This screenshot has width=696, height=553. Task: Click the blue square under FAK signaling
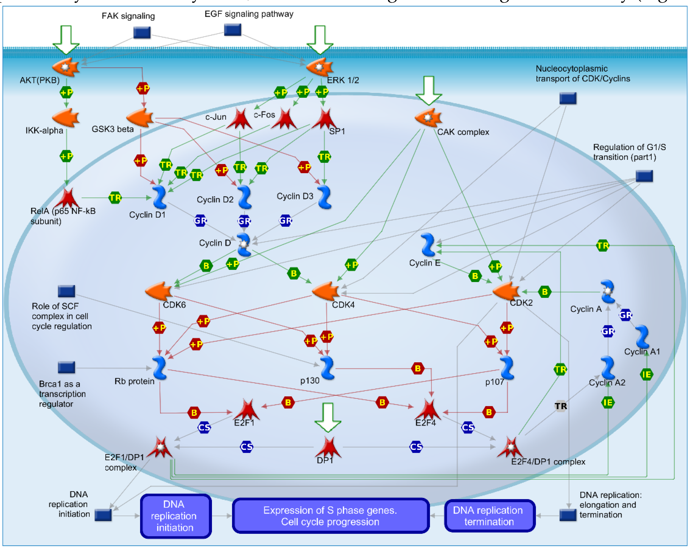(x=142, y=33)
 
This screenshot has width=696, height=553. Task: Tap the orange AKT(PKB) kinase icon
(x=66, y=67)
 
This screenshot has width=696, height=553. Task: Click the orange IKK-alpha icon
(x=66, y=118)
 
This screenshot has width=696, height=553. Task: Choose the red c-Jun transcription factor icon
(x=239, y=119)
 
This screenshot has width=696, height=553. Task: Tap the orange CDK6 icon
(x=159, y=291)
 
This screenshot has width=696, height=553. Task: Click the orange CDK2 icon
(x=506, y=291)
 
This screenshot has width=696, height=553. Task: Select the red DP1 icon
(x=328, y=447)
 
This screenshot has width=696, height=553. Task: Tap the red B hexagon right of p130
(x=418, y=368)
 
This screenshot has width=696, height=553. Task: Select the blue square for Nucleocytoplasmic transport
(x=568, y=98)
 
